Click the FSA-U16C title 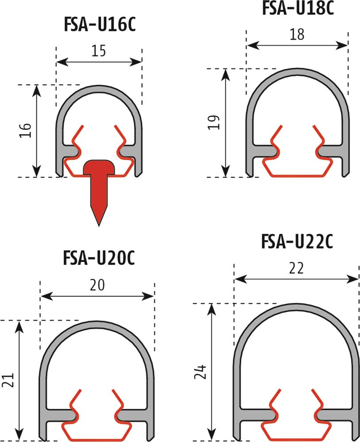click(100, 25)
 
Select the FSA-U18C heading click(298, 8)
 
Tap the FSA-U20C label click(99, 258)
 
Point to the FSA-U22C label click(297, 242)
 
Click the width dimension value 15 click(99, 51)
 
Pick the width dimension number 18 click(297, 34)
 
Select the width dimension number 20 click(97, 285)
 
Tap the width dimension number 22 click(296, 268)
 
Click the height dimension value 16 click(25, 130)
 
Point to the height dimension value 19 click(214, 122)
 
